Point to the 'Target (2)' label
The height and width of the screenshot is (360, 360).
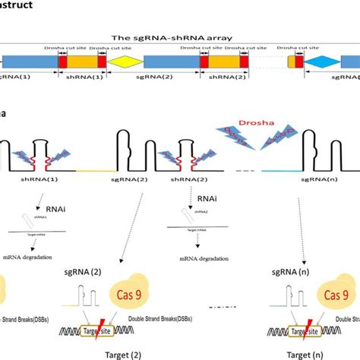coord(120,354)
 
